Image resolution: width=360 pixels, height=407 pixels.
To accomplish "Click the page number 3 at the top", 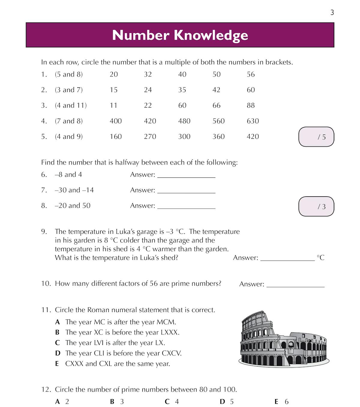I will [332, 12].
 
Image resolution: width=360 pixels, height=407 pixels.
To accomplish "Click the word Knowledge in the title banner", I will [211, 35].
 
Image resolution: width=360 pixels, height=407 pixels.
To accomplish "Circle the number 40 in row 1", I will [182, 74].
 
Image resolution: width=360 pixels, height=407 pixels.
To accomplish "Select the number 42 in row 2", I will [216, 90].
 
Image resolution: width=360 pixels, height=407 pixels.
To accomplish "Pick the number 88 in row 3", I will [250, 105].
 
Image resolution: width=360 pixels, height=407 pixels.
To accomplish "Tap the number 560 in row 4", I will [218, 121].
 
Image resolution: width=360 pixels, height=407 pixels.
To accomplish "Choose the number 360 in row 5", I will [218, 137].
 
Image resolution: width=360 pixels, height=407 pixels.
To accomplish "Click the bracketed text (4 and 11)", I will [71, 105].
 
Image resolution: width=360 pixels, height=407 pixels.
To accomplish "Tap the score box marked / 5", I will [316, 137].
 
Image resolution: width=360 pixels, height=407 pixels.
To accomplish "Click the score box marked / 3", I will [316, 206].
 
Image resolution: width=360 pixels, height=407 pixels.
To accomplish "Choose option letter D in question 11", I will [58, 353].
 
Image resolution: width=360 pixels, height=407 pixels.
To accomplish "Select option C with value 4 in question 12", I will [172, 402].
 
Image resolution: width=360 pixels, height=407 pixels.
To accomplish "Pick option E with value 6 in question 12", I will [281, 402].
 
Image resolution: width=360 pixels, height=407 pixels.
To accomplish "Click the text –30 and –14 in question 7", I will [74, 190].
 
